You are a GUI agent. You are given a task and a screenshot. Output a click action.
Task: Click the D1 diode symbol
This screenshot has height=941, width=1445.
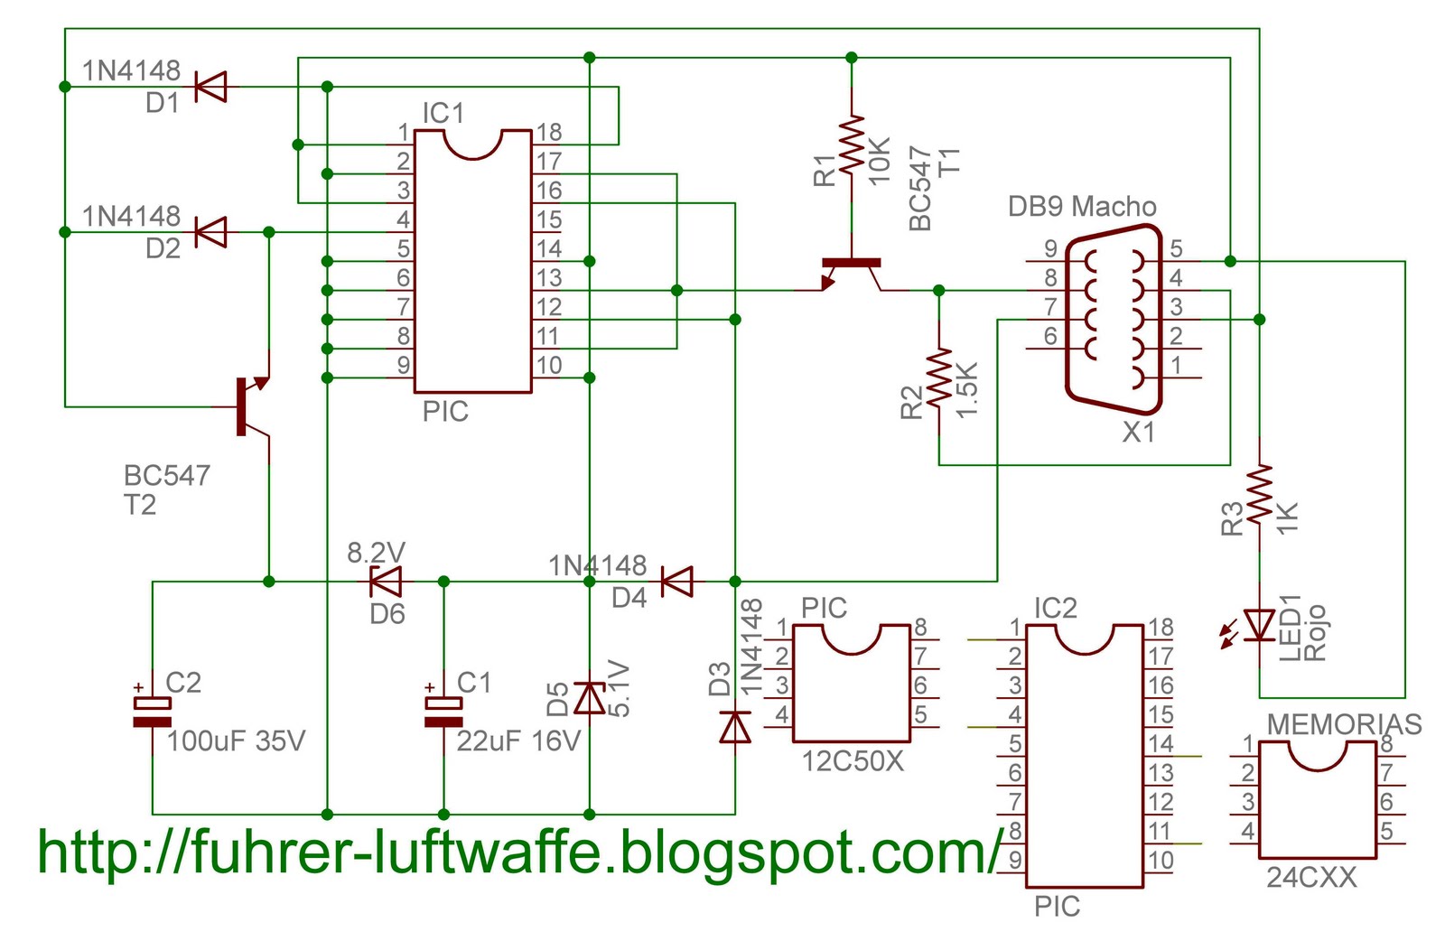coord(210,87)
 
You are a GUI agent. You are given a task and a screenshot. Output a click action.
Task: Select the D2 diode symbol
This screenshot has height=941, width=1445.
coord(210,232)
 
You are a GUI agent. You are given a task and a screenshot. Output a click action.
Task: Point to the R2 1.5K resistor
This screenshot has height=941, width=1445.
coord(939,377)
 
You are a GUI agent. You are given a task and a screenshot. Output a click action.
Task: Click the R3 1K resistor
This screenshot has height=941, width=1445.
coord(1259,493)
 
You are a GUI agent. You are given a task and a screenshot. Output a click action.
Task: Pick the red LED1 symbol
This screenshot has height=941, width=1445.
coord(1259,625)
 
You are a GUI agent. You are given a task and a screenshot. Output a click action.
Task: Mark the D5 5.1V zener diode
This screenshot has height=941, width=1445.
coord(590,698)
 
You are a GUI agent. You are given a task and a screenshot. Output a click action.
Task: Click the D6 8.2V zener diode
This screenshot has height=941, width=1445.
coord(387,582)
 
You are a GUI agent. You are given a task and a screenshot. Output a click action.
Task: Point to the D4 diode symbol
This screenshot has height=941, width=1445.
coord(677,582)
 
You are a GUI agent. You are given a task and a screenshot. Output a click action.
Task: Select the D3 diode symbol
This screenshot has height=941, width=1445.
coord(735,726)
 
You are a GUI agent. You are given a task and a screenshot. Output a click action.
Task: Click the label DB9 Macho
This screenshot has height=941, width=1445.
coord(1082,207)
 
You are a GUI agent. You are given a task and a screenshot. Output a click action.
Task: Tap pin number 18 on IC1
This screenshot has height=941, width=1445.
coord(549,133)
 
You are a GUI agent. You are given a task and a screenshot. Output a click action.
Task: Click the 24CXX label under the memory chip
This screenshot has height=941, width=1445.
coord(1310,878)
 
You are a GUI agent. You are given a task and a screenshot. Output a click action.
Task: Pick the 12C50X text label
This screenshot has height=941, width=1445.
coord(853,761)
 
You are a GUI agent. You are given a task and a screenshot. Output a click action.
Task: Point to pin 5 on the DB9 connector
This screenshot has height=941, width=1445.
coord(1176,248)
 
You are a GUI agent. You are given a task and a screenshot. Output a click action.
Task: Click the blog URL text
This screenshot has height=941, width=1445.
coord(519,852)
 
